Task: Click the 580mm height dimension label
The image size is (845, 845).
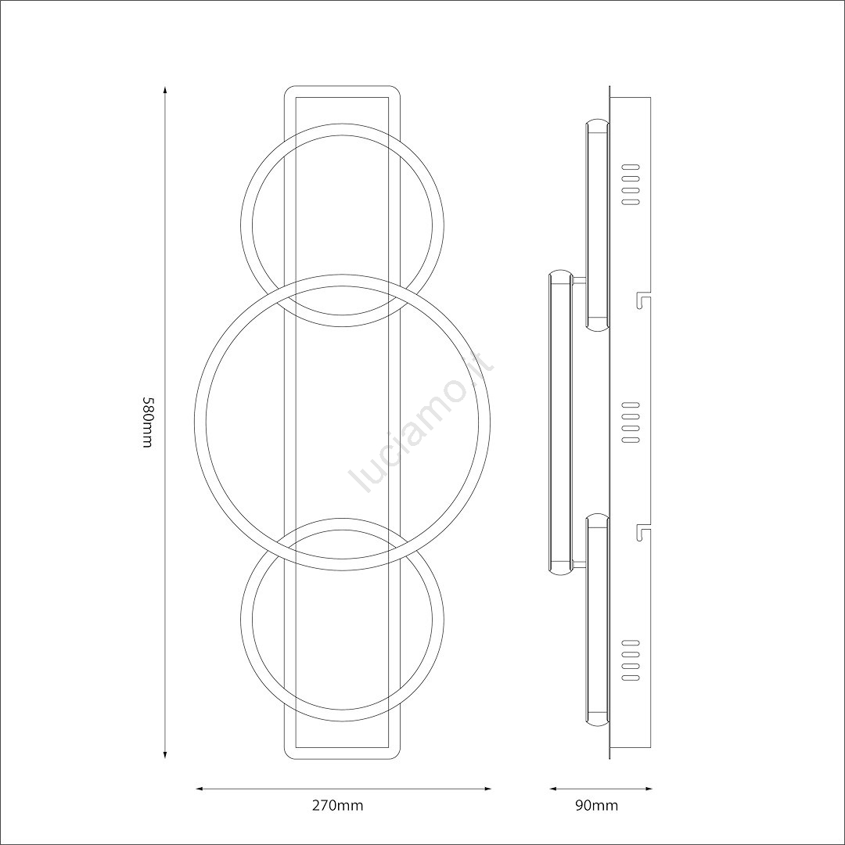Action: coord(148,422)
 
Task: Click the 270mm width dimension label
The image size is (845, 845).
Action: coord(338,806)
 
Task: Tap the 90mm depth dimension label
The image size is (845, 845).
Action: coord(596,806)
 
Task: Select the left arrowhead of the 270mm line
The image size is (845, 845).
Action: coord(200,789)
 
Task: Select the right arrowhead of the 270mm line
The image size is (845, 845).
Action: coord(486,789)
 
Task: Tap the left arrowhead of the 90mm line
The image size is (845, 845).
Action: coord(554,789)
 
